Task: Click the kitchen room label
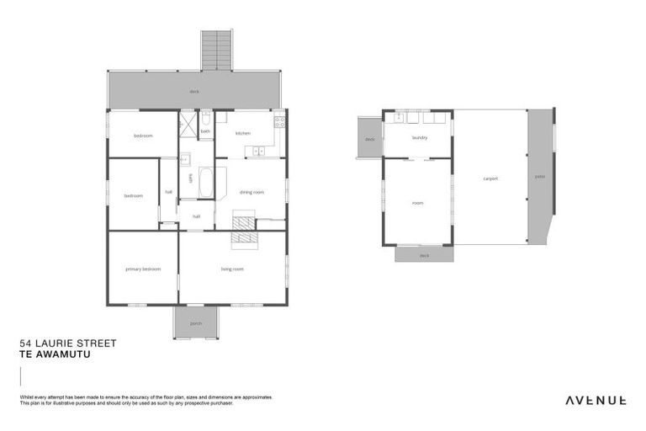243,133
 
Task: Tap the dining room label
252,192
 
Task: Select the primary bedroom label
143,269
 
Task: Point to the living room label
232,269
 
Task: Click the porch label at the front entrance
196,322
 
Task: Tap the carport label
490,178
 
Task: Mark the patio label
539,177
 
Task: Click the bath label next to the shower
205,130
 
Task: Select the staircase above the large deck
217,51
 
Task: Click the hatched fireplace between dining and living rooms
244,229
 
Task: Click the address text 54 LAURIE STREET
67,343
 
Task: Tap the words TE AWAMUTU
54,354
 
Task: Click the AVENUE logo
593,400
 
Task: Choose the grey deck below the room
424,254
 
